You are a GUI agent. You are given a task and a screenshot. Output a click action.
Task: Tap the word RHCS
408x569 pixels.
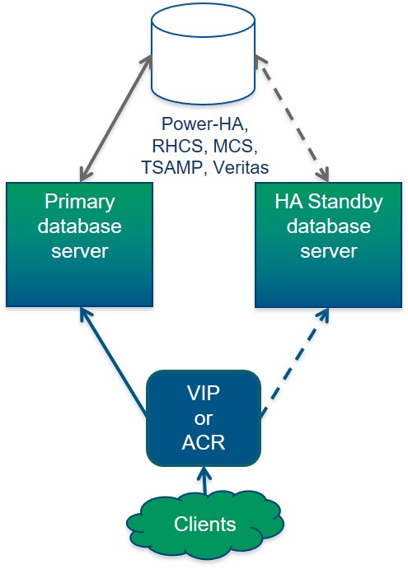coord(173,147)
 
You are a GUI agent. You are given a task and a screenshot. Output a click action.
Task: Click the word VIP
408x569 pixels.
coord(204,394)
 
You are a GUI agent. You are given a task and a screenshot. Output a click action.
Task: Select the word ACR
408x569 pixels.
coord(204,442)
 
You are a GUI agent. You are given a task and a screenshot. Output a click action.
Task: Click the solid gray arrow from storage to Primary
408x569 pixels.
coord(115,119)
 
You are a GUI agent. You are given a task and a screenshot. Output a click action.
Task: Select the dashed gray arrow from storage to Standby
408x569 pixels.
coord(293,119)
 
